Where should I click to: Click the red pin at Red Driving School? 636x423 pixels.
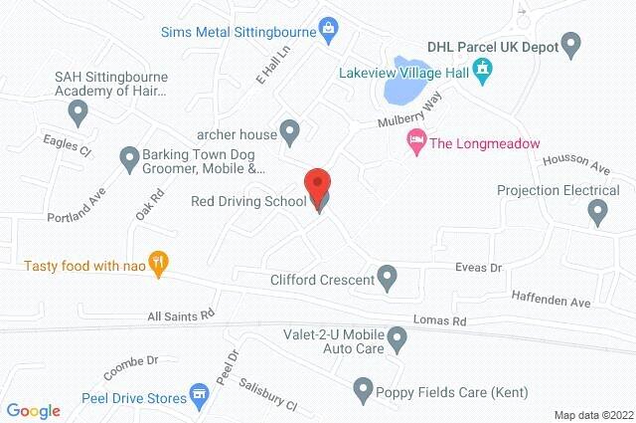pos(316,184)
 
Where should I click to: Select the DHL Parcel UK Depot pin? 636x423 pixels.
pos(570,44)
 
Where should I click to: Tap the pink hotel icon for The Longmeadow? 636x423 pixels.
pos(416,142)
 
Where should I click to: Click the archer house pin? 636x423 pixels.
pos(289,129)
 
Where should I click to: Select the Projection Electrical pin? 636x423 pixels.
pos(597,211)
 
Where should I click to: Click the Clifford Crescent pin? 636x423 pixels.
pos(388,278)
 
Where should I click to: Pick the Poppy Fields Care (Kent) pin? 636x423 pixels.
pos(363,387)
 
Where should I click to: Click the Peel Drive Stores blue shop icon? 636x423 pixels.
pos(200,394)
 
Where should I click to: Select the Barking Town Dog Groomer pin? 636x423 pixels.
pos(129,156)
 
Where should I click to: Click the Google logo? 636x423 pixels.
pos(33,410)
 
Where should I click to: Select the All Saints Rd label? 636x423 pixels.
pos(181,315)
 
